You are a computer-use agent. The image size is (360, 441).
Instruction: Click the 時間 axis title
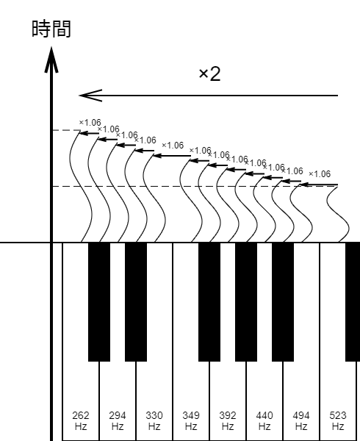[x=51, y=29]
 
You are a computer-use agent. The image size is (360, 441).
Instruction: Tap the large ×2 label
[x=209, y=74]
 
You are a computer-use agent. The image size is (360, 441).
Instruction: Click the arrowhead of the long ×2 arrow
[x=90, y=96]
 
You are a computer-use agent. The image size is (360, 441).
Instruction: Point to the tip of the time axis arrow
[x=51, y=47]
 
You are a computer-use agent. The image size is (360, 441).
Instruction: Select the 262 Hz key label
[x=81, y=420]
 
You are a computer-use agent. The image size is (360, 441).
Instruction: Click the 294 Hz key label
[x=118, y=420]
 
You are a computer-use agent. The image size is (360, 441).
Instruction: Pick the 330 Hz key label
[x=154, y=420]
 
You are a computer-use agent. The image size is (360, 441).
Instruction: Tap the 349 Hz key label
[x=191, y=420]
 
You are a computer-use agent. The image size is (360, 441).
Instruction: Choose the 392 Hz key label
[x=228, y=420]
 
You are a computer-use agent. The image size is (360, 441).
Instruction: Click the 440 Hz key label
[x=264, y=420]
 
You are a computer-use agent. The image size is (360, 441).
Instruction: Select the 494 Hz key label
[x=301, y=420]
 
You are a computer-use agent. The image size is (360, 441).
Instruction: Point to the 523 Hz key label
[x=338, y=420]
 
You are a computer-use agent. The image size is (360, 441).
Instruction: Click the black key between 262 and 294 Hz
[x=99, y=302]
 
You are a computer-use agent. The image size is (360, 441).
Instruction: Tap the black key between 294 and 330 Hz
[x=136, y=302]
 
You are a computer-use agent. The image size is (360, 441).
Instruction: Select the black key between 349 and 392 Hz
[x=209, y=302]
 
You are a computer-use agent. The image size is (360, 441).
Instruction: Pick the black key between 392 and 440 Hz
[x=246, y=302]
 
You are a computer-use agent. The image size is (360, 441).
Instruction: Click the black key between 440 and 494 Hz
[x=283, y=302]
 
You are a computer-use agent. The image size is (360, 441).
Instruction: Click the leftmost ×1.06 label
[x=90, y=123]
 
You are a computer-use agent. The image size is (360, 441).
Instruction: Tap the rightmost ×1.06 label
[x=320, y=174]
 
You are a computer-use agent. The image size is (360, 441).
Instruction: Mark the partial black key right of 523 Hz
[x=353, y=302]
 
